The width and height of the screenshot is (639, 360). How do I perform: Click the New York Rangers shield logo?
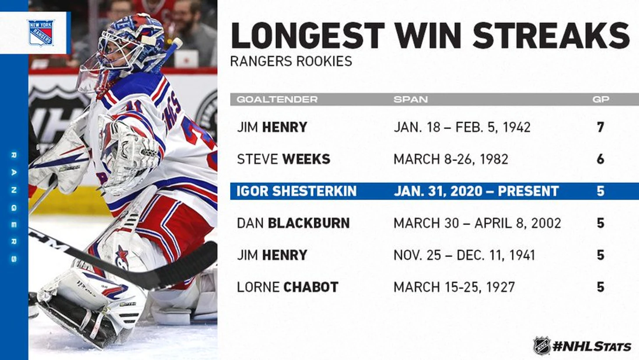tap(41, 33)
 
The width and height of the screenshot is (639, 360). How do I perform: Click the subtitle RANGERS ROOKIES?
tap(291, 61)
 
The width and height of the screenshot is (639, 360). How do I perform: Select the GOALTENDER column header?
tap(277, 99)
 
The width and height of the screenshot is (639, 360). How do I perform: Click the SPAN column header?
tap(411, 99)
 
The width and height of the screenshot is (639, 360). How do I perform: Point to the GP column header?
tap(601, 99)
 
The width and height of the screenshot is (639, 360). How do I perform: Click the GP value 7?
tap(600, 127)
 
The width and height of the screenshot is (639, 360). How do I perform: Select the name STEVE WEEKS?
tap(284, 159)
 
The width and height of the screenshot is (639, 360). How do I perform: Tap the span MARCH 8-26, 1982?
tap(451, 159)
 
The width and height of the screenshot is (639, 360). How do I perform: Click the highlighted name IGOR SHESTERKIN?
tap(297, 191)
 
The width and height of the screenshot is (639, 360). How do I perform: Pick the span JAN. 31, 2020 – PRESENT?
tap(476, 191)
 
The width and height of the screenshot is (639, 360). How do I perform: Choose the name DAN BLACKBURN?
tap(293, 223)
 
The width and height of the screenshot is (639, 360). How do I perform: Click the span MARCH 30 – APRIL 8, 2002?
tap(477, 223)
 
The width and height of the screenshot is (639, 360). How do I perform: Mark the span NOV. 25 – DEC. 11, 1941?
tap(464, 255)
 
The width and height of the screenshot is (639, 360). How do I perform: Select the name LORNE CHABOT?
tap(288, 287)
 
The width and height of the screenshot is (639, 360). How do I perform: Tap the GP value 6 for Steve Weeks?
tap(600, 159)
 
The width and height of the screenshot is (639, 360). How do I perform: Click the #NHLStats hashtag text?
tap(592, 346)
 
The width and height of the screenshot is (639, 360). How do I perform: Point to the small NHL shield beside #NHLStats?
tap(542, 346)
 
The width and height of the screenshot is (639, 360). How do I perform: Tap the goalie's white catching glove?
tap(128, 154)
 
